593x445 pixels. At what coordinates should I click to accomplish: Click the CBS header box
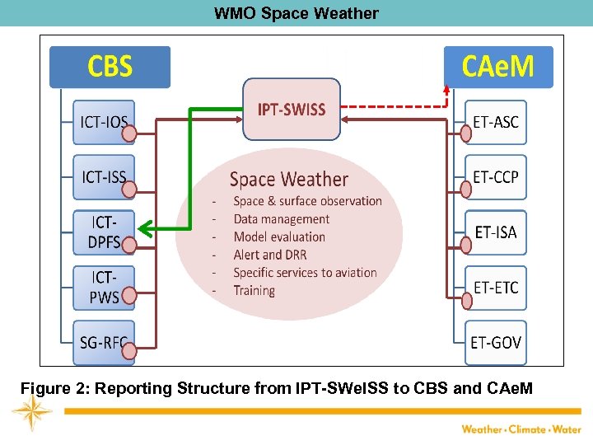click(110, 67)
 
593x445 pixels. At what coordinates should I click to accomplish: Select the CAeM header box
click(498, 67)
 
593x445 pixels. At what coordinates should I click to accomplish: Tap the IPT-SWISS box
click(292, 110)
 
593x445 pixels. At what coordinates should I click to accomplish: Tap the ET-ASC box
click(496, 123)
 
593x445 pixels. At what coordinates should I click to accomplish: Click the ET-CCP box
click(496, 177)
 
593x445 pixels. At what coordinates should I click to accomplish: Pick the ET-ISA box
click(496, 232)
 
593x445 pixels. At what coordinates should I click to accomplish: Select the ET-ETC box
click(496, 287)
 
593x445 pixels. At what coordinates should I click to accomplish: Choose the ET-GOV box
click(496, 342)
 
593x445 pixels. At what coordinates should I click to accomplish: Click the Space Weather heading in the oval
click(288, 180)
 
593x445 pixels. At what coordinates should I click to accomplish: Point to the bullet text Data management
click(281, 219)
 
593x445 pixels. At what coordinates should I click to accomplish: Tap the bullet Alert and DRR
click(269, 255)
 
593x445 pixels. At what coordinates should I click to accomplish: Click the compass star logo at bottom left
click(32, 412)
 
